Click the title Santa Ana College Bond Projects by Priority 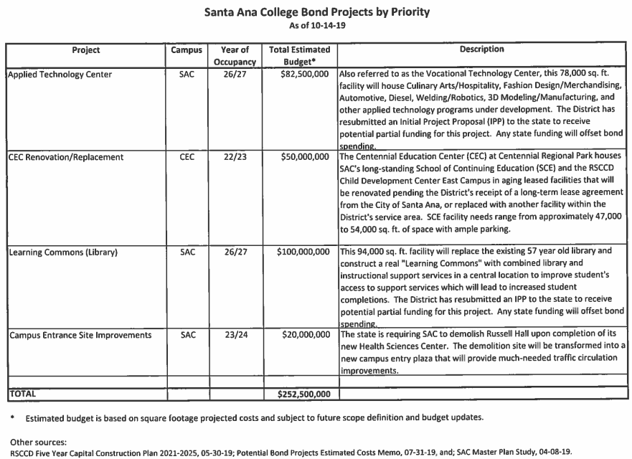(x=316, y=12)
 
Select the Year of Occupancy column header (x=234, y=55)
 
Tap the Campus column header (x=187, y=50)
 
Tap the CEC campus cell (x=187, y=156)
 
